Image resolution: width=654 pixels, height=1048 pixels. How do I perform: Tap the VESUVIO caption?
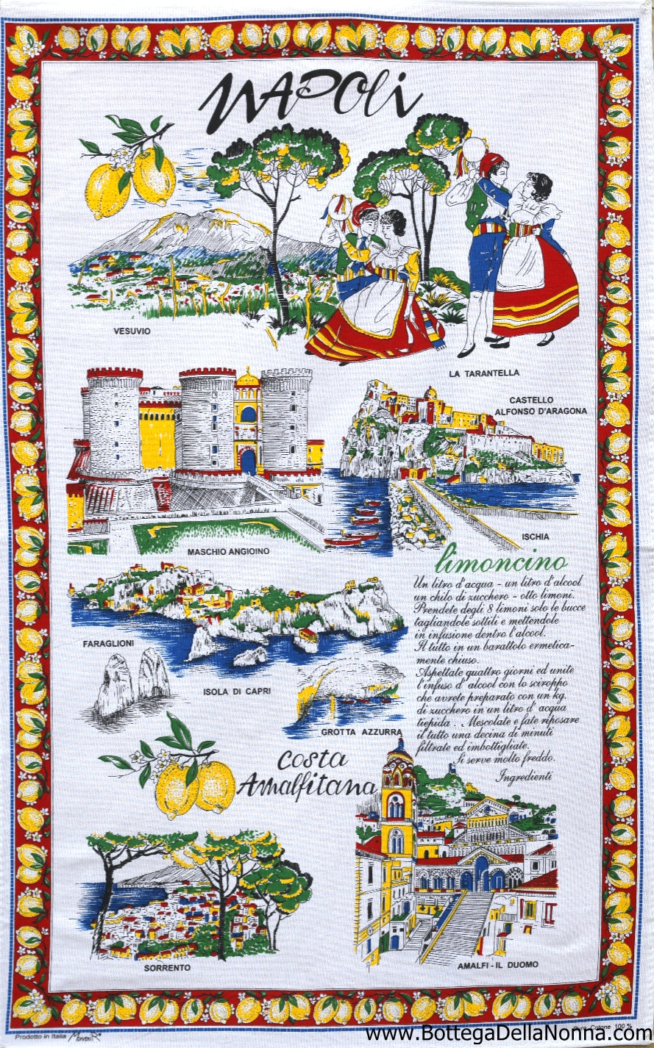click(132, 331)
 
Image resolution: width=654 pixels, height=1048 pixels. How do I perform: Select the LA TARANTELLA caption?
click(483, 373)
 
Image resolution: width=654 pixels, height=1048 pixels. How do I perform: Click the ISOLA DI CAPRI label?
click(238, 692)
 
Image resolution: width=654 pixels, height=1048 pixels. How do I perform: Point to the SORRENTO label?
click(167, 968)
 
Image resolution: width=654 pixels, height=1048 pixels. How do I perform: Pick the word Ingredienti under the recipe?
click(524, 776)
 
